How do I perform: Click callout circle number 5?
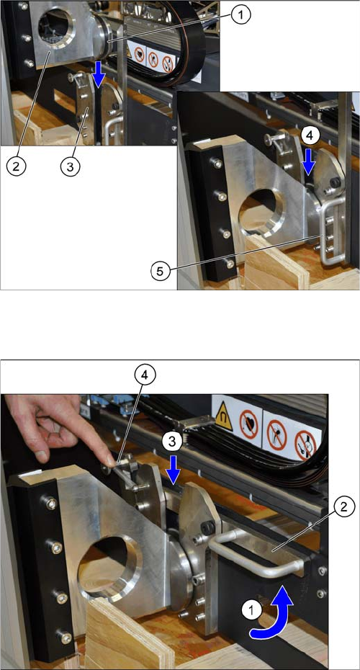pos(158,272)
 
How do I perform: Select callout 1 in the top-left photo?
pos(240,17)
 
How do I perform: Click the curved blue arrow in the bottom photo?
pos(279,615)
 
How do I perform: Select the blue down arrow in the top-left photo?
pos(99,74)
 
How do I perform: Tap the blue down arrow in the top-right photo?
pos(310,164)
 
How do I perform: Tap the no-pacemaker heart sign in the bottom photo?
pos(248,424)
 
